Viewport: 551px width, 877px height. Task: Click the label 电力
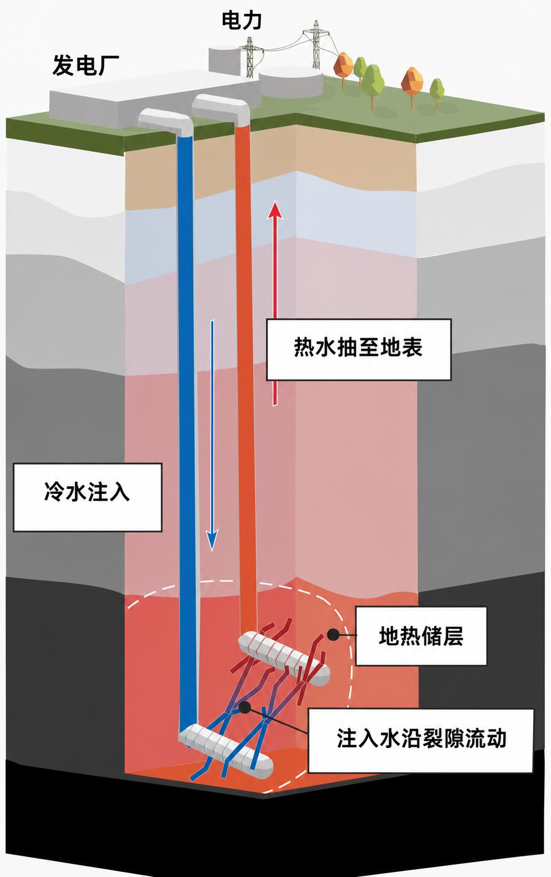(x=242, y=21)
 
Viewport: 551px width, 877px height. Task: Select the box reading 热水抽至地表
(x=359, y=350)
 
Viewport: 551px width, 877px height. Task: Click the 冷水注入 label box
(x=88, y=497)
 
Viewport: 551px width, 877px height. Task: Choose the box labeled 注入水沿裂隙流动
(x=421, y=741)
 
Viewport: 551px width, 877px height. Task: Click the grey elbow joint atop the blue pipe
(x=166, y=121)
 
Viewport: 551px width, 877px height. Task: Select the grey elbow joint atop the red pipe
(x=221, y=106)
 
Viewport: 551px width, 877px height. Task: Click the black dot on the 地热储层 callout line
(x=333, y=635)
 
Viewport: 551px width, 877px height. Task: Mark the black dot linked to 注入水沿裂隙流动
(x=245, y=707)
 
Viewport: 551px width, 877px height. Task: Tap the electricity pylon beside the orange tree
(x=315, y=44)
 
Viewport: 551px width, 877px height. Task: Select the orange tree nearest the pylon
(x=344, y=67)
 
